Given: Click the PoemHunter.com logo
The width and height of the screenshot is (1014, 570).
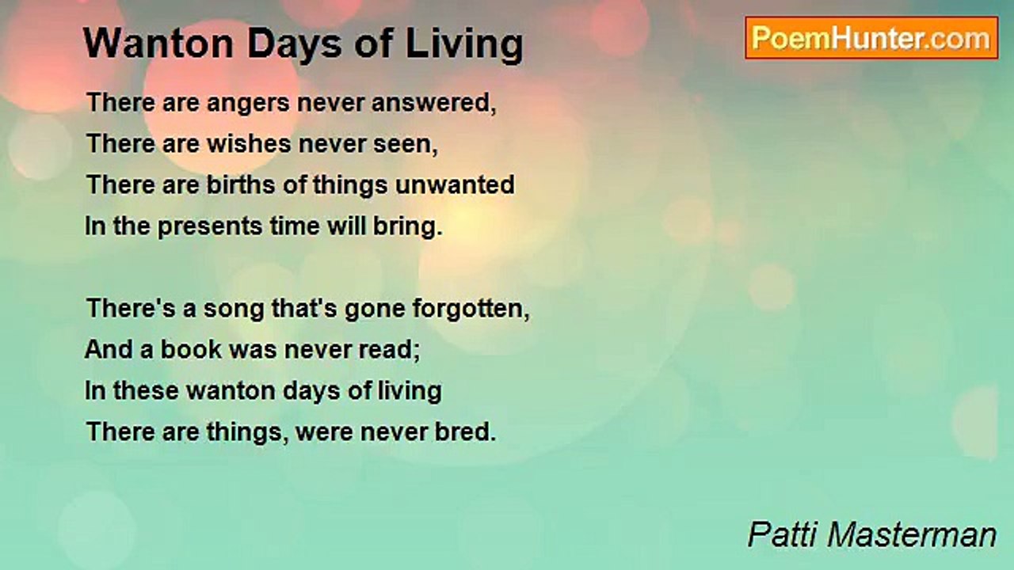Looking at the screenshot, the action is point(871,38).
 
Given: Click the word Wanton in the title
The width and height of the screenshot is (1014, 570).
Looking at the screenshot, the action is point(158,44).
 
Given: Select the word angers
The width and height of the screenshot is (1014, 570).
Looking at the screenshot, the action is point(248,104).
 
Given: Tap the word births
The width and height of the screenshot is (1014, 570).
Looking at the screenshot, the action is point(241,185).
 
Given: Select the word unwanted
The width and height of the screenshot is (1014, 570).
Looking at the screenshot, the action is point(455,185).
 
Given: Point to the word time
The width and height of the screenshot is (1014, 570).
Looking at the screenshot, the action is point(295,226).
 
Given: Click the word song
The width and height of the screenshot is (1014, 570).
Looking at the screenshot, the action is point(233,310).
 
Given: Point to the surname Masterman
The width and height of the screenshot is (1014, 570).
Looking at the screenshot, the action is point(912,535).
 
